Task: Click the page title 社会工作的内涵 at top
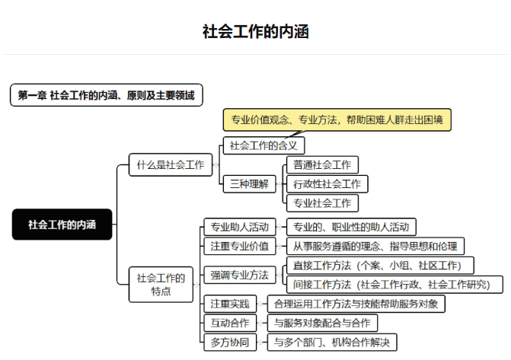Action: click(256, 32)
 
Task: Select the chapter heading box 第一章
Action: click(107, 95)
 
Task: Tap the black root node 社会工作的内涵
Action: click(62, 225)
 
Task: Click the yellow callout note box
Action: click(337, 120)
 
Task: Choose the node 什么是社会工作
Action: click(171, 165)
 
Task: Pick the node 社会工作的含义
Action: click(263, 145)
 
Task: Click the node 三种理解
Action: click(249, 184)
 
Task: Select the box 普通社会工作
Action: click(322, 165)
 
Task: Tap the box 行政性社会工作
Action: click(327, 184)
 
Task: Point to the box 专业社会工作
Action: click(322, 203)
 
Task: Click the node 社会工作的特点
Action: click(161, 285)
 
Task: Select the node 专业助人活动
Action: click(240, 227)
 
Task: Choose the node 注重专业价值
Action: click(240, 246)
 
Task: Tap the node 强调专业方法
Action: click(240, 275)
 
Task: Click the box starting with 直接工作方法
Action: click(380, 265)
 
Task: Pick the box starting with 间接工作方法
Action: click(394, 285)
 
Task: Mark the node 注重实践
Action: click(230, 304)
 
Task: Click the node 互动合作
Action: click(230, 323)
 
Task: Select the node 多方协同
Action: click(230, 342)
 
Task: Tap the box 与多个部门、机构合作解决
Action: click(332, 342)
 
